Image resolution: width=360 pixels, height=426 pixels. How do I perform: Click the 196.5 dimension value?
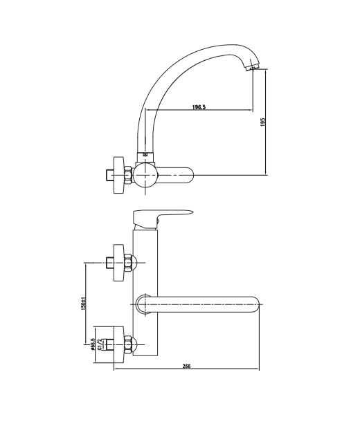[x=199, y=106]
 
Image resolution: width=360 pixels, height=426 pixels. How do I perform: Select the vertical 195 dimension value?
[x=262, y=122]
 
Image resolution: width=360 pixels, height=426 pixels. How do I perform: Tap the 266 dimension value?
[x=186, y=366]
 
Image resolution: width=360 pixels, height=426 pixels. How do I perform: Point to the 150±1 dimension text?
[x=84, y=303]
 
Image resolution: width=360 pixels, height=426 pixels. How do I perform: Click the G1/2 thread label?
[x=100, y=344]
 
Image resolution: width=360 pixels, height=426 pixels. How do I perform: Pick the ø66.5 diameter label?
[x=92, y=344]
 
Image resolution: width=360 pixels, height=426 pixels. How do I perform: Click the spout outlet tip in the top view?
[x=252, y=67]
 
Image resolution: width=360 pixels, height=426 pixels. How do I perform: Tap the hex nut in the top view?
[x=128, y=175]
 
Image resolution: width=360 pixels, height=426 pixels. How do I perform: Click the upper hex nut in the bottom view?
[x=129, y=263]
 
